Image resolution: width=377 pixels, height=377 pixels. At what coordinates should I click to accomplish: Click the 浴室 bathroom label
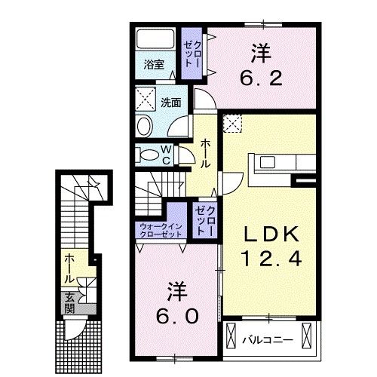(x=153, y=65)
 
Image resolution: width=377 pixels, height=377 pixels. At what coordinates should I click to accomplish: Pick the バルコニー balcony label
(x=267, y=340)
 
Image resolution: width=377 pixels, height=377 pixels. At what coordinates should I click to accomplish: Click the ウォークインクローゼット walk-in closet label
(x=161, y=230)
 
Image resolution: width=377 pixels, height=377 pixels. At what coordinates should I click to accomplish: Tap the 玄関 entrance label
(x=69, y=302)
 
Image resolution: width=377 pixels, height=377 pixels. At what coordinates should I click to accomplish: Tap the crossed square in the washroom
(x=145, y=98)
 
